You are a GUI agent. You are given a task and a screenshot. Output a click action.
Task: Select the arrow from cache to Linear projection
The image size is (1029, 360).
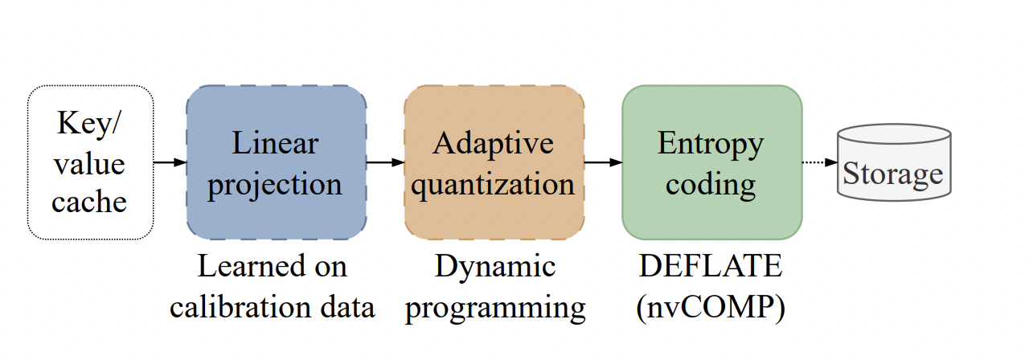pyautogui.click(x=170, y=162)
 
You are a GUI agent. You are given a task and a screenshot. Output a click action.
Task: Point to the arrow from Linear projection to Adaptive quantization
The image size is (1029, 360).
pyautogui.click(x=385, y=162)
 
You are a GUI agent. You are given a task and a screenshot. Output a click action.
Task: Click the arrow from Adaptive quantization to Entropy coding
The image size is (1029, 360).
pyautogui.click(x=603, y=162)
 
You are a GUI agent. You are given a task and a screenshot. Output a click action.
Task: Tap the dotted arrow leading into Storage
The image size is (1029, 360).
pyautogui.click(x=818, y=162)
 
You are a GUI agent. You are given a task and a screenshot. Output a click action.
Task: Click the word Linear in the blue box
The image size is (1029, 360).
pyautogui.click(x=276, y=144)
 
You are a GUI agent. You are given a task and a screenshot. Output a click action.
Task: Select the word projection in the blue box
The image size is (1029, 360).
pyautogui.click(x=276, y=186)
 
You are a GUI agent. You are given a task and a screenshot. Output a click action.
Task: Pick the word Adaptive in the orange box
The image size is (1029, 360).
pyautogui.click(x=494, y=144)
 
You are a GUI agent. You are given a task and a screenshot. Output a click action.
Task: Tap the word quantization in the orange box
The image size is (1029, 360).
pyautogui.click(x=494, y=184)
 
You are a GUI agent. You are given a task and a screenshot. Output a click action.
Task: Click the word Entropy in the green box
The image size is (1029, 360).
pyautogui.click(x=711, y=145)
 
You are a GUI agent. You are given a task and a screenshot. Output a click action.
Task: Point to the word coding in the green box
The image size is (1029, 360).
pyautogui.click(x=711, y=186)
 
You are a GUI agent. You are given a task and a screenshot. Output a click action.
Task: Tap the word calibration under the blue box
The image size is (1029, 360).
pyautogui.click(x=238, y=307)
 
